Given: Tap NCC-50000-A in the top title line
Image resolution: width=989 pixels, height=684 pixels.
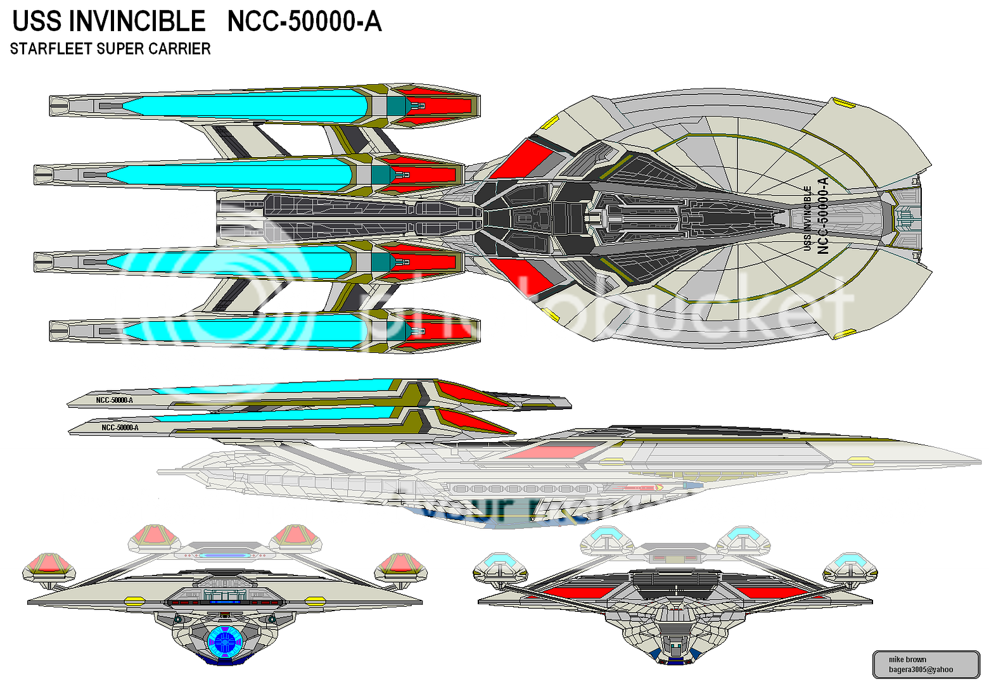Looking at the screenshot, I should click(x=304, y=22).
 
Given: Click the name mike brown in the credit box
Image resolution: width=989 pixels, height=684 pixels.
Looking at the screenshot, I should click(x=907, y=659).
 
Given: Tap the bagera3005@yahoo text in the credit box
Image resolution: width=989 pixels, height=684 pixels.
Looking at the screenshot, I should click(x=920, y=669).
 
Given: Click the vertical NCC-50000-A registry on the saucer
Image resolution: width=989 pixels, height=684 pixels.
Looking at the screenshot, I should click(x=823, y=215).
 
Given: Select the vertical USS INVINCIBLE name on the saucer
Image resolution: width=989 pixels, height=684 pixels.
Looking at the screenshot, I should click(x=807, y=217).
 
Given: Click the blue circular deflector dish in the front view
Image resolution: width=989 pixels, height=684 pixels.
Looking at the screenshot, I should click(x=225, y=641).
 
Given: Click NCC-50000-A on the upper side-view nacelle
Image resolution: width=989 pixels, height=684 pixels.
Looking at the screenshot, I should click(x=115, y=400).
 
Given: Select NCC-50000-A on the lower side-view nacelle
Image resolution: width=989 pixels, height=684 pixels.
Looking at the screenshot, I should click(x=120, y=427).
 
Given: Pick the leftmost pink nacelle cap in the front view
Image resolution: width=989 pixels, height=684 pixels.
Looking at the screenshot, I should click(x=49, y=564).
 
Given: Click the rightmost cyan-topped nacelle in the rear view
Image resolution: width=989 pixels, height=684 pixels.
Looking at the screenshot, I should click(x=849, y=565).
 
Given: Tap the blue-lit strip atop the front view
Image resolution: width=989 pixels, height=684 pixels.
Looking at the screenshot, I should click(x=224, y=555).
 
